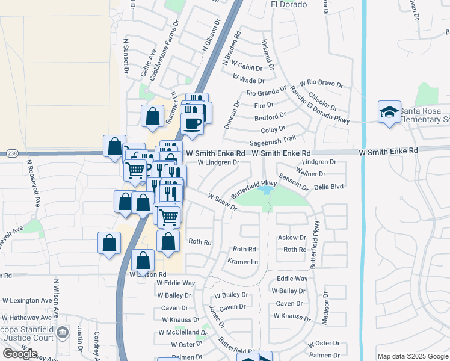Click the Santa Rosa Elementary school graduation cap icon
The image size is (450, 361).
[x=389, y=112]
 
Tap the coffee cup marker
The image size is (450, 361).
[x=192, y=123]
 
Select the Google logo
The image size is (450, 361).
[x=20, y=354]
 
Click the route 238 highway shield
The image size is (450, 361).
[x=11, y=154]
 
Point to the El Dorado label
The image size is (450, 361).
[x=289, y=4]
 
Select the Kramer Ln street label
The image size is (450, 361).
[x=243, y=262]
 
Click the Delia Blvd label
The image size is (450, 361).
[x=328, y=187]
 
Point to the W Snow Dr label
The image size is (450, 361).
[x=223, y=202]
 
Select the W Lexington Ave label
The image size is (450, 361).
[x=27, y=300]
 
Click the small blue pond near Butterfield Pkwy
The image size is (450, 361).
[x=264, y=191]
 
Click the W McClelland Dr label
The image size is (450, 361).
[x=183, y=332]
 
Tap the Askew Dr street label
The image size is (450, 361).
[x=292, y=238]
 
